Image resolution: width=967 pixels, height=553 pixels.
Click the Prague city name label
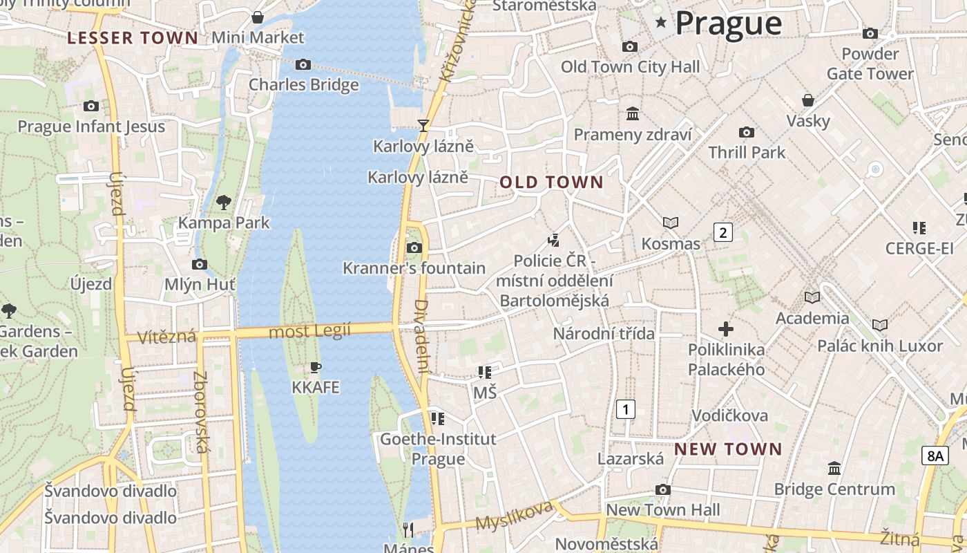point(728,23)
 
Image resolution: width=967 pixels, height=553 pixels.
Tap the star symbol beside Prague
point(661,23)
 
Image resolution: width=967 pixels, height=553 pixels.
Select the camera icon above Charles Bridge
point(303,64)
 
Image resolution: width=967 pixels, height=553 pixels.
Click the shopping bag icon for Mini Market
point(258,17)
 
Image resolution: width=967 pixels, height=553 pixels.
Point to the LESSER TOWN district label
point(133,38)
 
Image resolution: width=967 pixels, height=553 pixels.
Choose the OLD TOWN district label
point(551,182)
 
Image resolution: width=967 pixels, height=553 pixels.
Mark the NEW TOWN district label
point(728,449)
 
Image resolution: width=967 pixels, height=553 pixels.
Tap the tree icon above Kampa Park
point(223,202)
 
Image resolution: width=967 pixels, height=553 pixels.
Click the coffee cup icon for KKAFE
point(316,367)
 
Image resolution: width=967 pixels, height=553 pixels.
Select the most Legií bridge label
point(310,332)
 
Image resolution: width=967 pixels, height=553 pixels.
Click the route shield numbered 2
point(722,232)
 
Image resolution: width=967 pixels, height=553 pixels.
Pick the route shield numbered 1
point(625,409)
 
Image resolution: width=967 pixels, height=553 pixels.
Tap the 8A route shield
point(935,456)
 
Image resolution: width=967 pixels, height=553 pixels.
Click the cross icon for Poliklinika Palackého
point(726,328)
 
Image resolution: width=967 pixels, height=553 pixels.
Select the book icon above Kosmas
point(670,223)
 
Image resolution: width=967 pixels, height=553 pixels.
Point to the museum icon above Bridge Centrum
point(834,468)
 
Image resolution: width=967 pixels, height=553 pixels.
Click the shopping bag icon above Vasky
point(807,100)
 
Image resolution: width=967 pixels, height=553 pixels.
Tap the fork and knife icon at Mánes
point(408,530)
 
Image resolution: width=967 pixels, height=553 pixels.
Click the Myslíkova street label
point(515,515)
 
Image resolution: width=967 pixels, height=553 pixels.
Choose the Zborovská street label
point(201,413)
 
